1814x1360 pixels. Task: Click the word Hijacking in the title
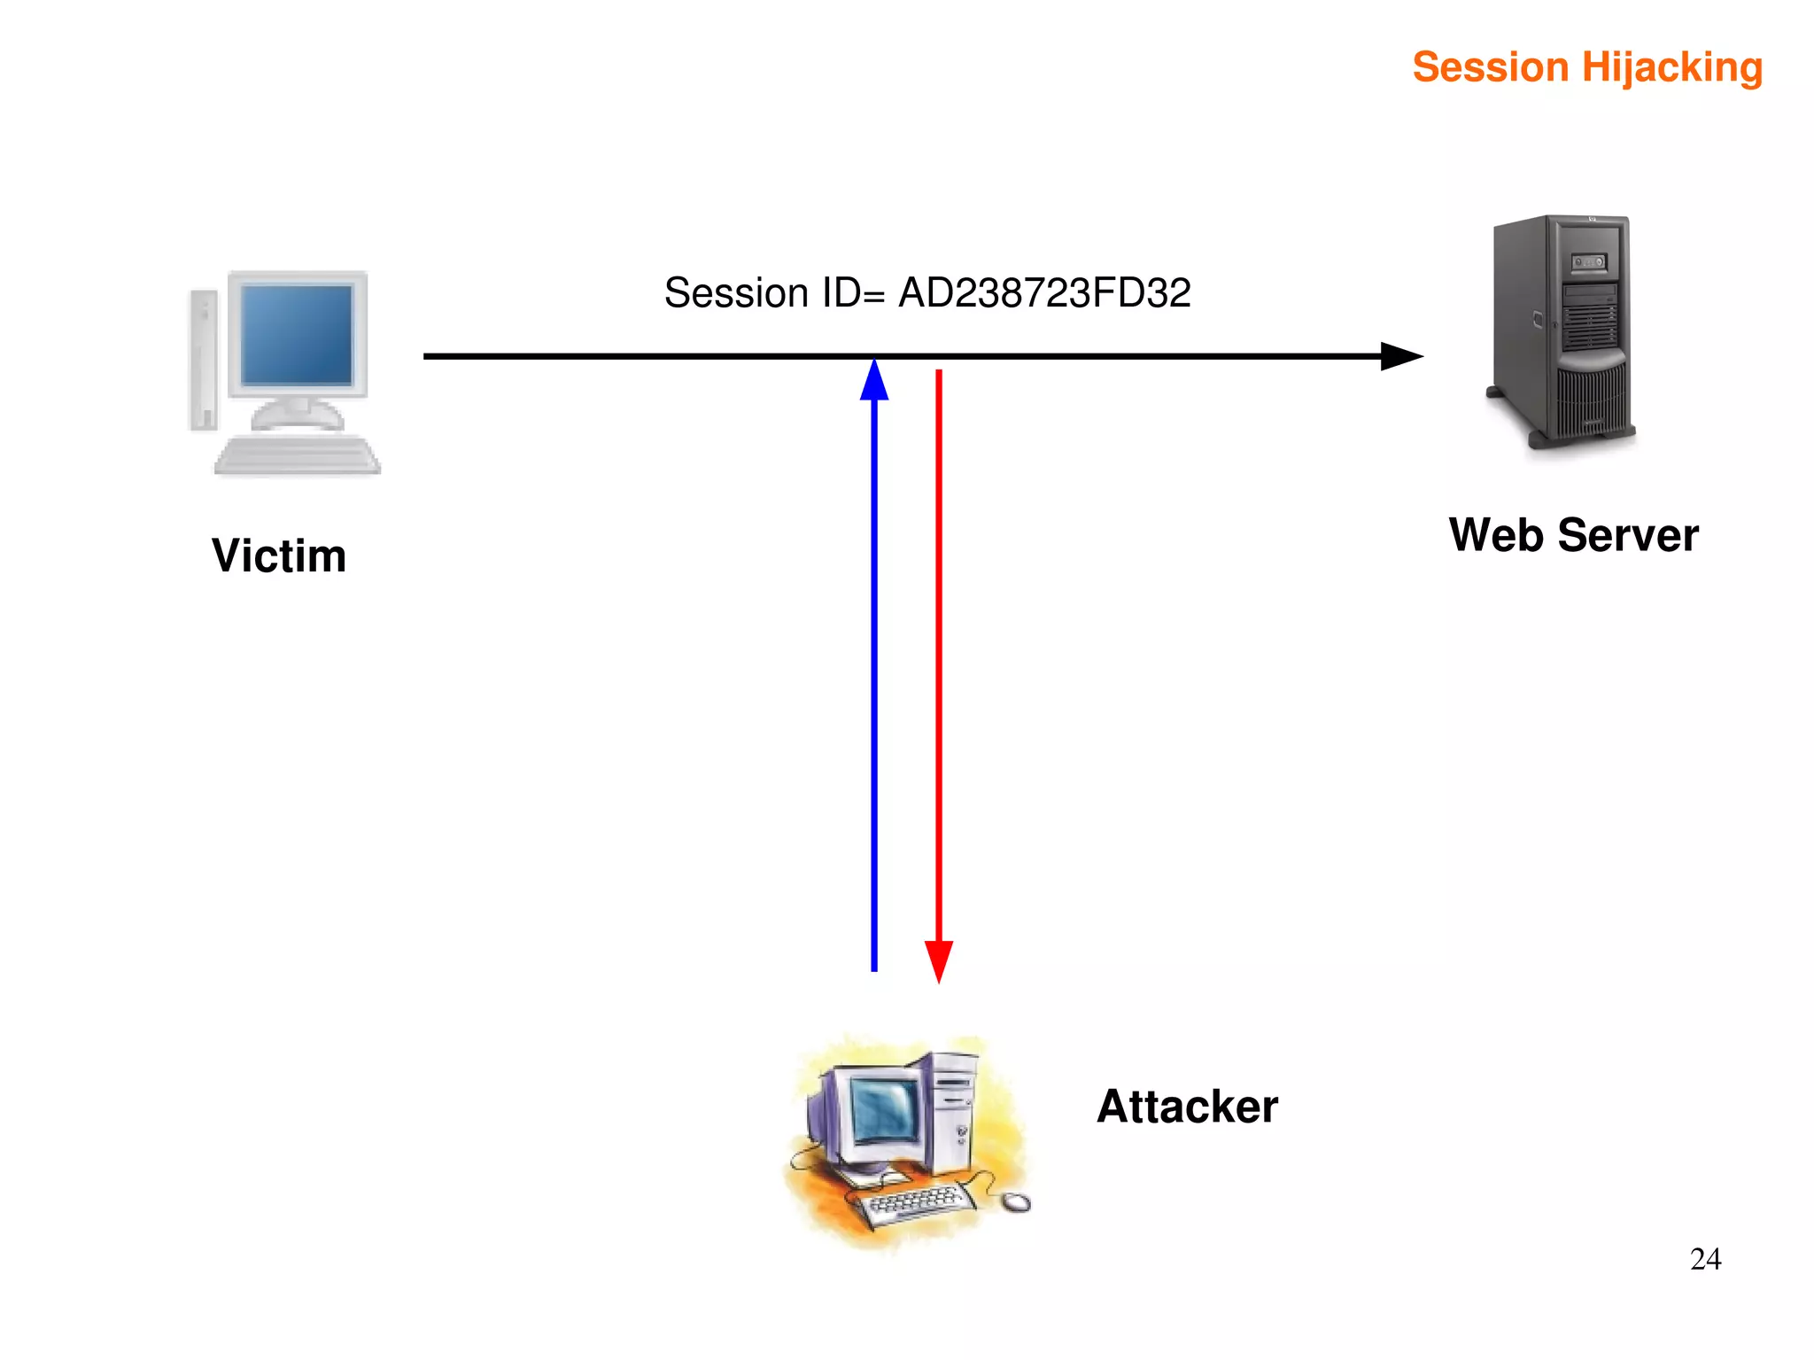[1672, 68]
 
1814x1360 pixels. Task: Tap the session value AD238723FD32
[1044, 293]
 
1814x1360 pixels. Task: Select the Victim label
[279, 556]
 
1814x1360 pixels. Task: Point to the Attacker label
[1187, 1107]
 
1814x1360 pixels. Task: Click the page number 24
[1705, 1259]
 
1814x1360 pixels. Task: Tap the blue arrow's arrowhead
[874, 381]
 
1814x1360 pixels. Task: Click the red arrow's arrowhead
[939, 961]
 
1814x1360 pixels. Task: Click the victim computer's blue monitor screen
[297, 335]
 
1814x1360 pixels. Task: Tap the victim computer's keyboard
[297, 456]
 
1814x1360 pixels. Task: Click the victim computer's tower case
[204, 359]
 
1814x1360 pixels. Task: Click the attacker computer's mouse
[1017, 1202]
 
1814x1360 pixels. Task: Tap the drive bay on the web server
[1589, 262]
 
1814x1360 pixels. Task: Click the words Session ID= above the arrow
[774, 293]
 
